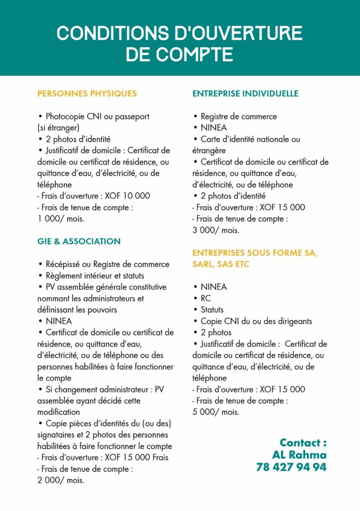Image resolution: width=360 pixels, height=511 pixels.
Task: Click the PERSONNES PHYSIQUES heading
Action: (x=87, y=93)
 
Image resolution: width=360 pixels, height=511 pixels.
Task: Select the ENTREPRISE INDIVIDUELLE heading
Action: (x=245, y=93)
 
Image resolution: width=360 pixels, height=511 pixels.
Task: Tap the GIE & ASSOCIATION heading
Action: (x=79, y=241)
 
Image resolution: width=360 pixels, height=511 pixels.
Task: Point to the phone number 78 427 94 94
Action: (x=291, y=467)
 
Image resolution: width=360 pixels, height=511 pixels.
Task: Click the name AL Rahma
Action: (x=299, y=455)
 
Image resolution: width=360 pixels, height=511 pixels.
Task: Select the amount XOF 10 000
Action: (x=127, y=196)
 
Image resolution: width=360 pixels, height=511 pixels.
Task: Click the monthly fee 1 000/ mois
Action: (x=61, y=218)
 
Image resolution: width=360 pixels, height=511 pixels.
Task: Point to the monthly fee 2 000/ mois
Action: (x=61, y=480)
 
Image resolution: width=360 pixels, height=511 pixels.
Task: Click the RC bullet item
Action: (x=205, y=298)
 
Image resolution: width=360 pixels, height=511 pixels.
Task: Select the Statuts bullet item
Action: (x=212, y=309)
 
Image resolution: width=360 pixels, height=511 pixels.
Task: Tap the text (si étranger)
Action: (x=59, y=128)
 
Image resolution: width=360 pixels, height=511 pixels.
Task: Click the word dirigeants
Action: (x=293, y=321)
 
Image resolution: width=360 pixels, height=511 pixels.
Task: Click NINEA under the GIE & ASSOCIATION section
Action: (x=59, y=321)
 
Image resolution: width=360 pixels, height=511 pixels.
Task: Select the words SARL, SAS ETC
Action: (x=221, y=264)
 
